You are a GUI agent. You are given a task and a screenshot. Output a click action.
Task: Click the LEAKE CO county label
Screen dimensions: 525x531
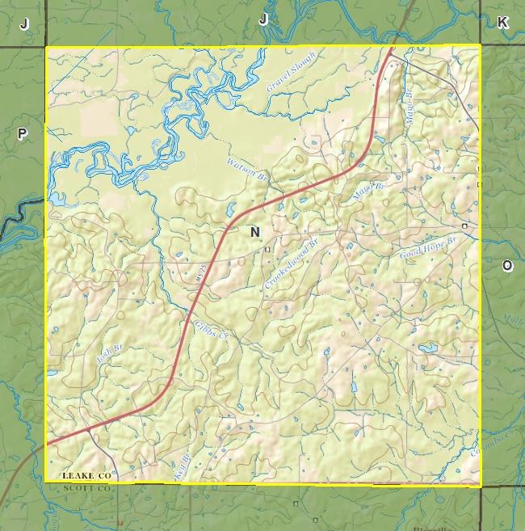[86, 477]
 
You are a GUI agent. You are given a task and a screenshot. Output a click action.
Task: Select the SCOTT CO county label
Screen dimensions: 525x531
[86, 488]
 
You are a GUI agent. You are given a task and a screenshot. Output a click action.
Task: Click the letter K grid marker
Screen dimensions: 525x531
[502, 23]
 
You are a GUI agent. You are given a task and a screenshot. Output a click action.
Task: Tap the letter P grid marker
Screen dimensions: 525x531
[23, 134]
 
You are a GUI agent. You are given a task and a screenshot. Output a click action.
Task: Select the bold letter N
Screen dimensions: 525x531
[255, 233]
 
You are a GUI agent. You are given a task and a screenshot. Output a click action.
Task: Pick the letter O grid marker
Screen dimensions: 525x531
[507, 266]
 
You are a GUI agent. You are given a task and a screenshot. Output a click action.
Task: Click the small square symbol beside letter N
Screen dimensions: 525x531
[268, 250]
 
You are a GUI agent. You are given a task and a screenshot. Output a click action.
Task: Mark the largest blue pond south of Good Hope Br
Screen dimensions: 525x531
[427, 348]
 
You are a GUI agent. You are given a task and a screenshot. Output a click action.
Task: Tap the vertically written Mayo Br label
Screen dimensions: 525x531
[409, 106]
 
